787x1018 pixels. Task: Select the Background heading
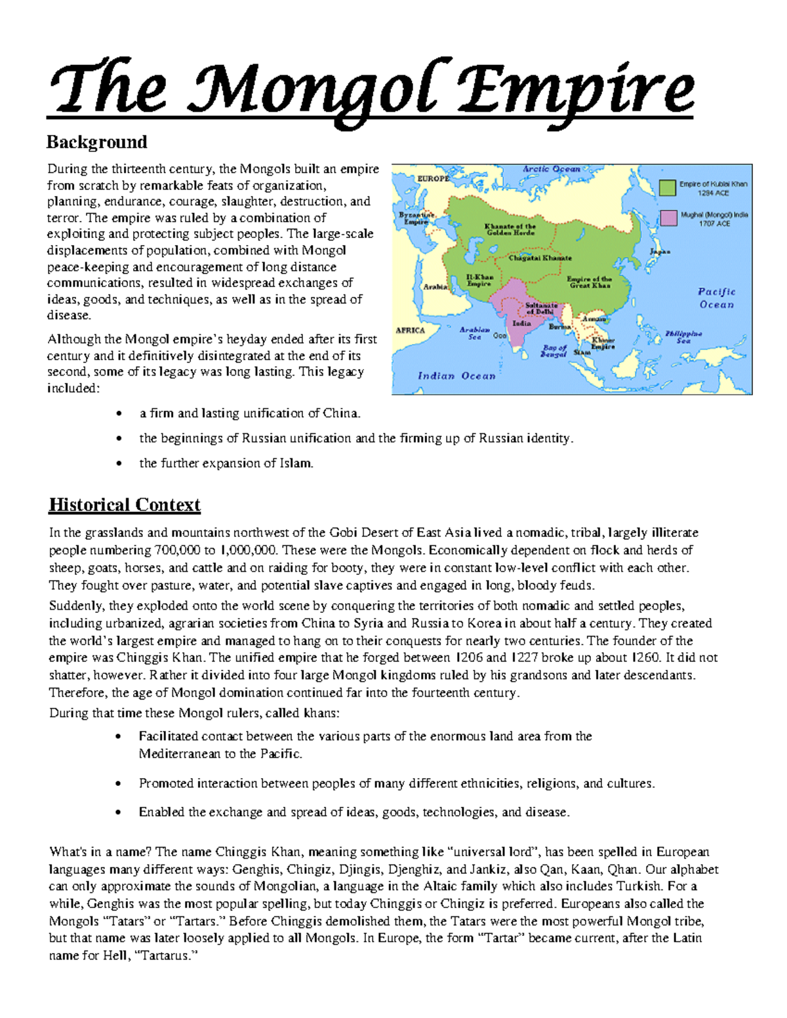96,142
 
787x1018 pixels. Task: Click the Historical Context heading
125,505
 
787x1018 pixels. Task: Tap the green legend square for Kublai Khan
668,188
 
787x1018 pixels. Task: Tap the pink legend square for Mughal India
668,218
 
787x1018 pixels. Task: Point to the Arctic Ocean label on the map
551,169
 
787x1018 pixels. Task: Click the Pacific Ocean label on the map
716,298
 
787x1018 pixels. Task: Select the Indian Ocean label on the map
456,376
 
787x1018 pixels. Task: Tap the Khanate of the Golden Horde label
510,229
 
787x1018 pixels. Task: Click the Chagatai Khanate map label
540,258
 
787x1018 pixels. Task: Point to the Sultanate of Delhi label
541,308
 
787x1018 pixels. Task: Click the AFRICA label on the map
410,330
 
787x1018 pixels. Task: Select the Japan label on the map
659,252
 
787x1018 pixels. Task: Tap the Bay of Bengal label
553,351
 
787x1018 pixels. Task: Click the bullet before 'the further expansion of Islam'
119,463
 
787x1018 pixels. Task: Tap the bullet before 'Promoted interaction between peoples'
119,784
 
